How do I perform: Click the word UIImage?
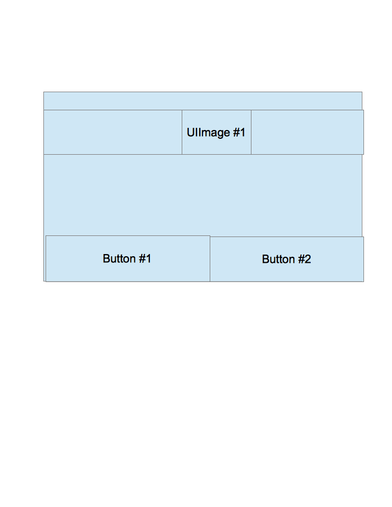coord(208,133)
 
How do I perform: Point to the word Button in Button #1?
coord(118,258)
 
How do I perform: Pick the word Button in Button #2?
coord(277,259)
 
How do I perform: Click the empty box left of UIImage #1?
coord(113,132)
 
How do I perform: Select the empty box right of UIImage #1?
coord(307,132)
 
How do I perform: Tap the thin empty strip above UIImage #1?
coord(203,101)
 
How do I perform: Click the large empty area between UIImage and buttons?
coord(203,195)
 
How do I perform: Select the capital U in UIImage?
coord(191,133)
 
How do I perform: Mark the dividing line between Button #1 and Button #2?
coord(210,259)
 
